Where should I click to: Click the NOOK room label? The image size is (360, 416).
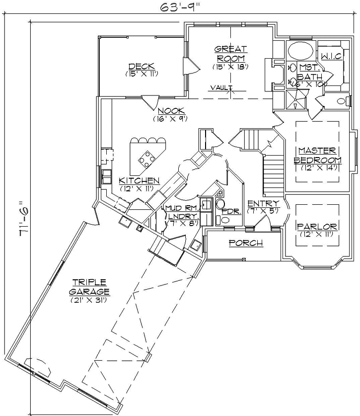(171, 111)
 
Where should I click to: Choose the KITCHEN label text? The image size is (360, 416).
(139, 180)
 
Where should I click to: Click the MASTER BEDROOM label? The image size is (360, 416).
(318, 155)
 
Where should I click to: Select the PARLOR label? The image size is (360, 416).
(317, 227)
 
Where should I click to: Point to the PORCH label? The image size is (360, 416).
(245, 243)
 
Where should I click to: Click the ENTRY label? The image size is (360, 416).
(264, 204)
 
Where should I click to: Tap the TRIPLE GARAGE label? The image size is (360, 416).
(89, 287)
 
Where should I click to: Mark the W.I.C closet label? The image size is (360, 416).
(331, 56)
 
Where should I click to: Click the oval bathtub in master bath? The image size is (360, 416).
(301, 51)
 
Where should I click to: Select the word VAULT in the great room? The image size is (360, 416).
(218, 88)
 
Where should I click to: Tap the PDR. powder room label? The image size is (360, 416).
(231, 211)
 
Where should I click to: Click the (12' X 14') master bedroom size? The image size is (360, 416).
(318, 167)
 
